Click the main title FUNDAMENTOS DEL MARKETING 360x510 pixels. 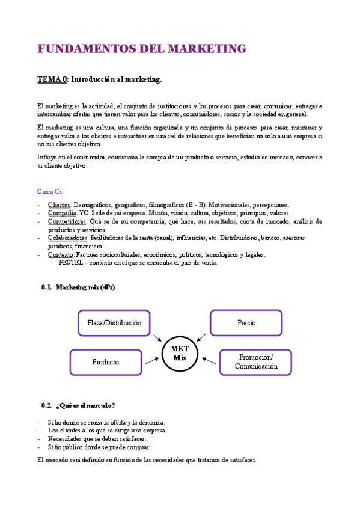pyautogui.click(x=142, y=49)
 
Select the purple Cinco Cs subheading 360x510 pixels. pyautogui.click(x=51, y=191)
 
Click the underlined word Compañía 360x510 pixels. pyautogui.click(x=62, y=213)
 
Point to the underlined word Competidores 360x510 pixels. pyautogui.click(x=67, y=221)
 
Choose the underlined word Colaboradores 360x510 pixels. pyautogui.click(x=68, y=238)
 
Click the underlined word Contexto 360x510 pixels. pyautogui.click(x=61, y=254)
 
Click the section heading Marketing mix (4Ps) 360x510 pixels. pyautogui.click(x=85, y=287)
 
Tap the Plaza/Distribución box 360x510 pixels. pyautogui.click(x=114, y=323)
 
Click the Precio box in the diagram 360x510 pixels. pyautogui.click(x=246, y=323)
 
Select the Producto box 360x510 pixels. pyautogui.click(x=106, y=362)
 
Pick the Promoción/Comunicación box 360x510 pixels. pyautogui.click(x=255, y=361)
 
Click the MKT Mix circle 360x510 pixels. pyautogui.click(x=180, y=353)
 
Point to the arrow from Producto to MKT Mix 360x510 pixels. pyautogui.click(x=152, y=360)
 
